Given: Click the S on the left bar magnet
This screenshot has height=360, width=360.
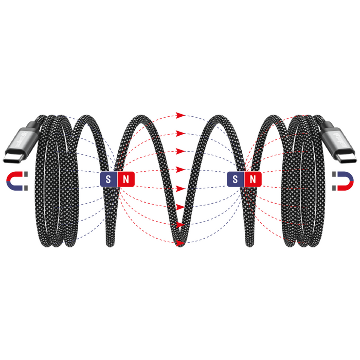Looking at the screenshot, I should tap(108, 179).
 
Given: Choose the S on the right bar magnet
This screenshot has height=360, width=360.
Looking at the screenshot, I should tap(235, 179).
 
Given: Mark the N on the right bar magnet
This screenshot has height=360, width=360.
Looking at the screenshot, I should tap(252, 179).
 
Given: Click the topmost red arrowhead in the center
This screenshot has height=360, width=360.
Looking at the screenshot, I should tap(180, 115).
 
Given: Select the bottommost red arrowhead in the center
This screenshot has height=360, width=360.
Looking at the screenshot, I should tap(180, 243).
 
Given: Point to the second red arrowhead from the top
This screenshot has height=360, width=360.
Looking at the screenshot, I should tap(180, 133).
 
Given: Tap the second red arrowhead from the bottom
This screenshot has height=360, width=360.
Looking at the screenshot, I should tap(180, 225).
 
